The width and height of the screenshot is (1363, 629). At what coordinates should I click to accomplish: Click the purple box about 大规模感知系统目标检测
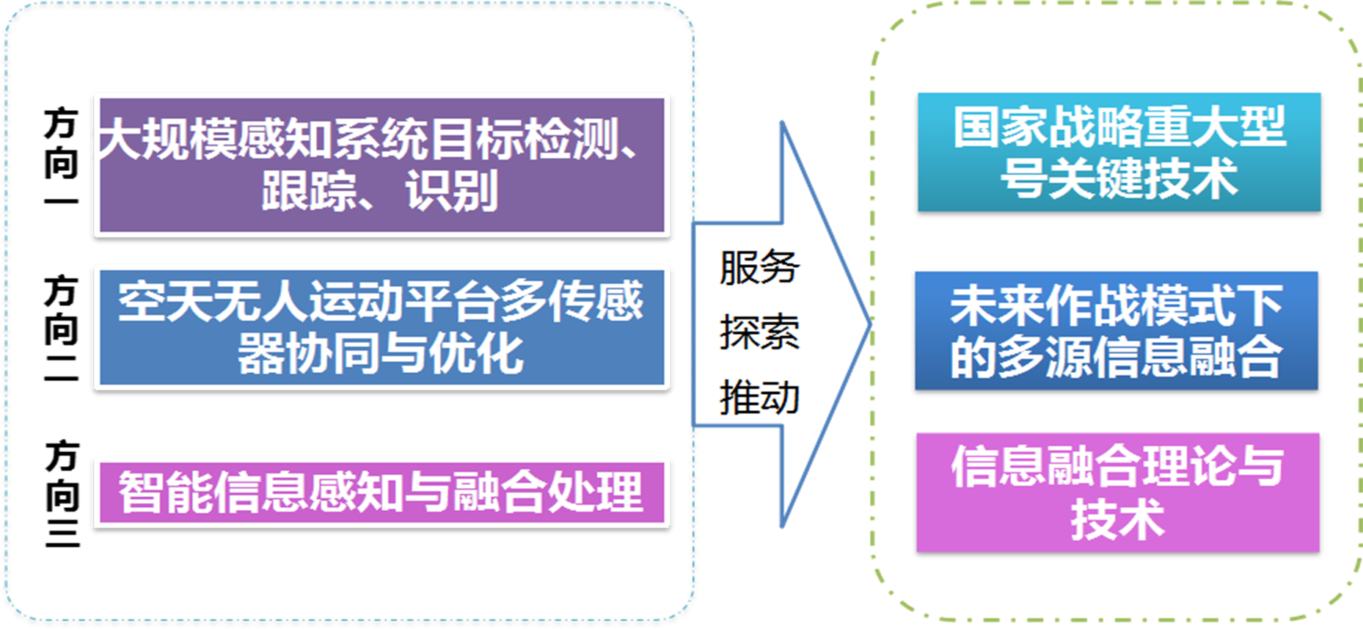click(381, 165)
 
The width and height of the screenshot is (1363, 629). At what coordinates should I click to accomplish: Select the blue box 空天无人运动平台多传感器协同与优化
click(381, 327)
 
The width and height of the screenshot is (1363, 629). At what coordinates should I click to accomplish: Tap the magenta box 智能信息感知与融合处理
click(381, 492)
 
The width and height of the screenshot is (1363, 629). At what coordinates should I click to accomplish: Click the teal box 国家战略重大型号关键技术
click(1119, 152)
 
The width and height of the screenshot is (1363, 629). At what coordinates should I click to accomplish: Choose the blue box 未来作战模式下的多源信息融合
click(1116, 330)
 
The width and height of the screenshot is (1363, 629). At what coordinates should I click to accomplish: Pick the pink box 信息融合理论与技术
click(1117, 492)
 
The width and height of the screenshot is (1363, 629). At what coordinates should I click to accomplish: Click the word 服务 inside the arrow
click(759, 266)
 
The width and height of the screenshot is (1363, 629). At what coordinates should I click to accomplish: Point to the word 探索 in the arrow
click(759, 332)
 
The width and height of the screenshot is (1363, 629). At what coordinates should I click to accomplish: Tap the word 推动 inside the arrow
click(759, 398)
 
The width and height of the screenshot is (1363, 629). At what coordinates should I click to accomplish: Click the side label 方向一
click(61, 156)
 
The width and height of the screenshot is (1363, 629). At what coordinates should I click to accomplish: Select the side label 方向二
click(61, 328)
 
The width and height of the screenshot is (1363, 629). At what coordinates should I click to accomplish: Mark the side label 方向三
click(62, 493)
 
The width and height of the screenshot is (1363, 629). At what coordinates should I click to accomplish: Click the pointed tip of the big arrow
click(870, 324)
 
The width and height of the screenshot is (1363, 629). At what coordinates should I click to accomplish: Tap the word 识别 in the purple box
click(452, 191)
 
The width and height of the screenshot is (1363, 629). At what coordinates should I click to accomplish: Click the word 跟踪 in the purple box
click(308, 191)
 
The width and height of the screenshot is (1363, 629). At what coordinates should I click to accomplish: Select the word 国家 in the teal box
click(1001, 126)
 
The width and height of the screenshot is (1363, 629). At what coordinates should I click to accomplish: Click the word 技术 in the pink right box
click(1117, 519)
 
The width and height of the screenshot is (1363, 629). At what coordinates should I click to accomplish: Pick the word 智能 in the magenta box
click(166, 492)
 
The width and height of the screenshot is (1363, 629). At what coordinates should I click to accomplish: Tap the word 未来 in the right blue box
click(997, 305)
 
